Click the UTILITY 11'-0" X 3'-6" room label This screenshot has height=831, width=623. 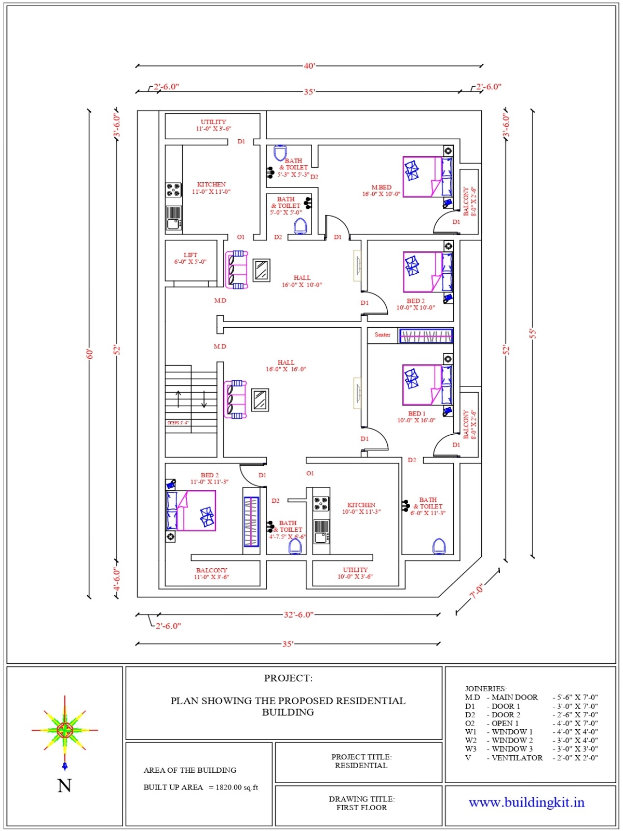(x=213, y=125)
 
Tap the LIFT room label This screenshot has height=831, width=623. (x=190, y=258)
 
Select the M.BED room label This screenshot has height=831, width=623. (x=381, y=191)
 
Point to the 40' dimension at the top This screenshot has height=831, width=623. (x=309, y=66)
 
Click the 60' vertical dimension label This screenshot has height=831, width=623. (x=90, y=354)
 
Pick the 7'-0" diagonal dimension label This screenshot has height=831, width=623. (x=478, y=591)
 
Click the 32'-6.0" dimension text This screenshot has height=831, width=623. (x=299, y=614)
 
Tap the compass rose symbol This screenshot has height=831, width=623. (x=64, y=730)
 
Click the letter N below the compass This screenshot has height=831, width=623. (x=64, y=785)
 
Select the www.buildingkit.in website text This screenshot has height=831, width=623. (x=526, y=802)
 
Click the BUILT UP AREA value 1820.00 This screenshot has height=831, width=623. (x=228, y=787)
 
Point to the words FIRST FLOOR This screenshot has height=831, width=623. (x=361, y=808)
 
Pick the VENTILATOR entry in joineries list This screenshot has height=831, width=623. (x=517, y=758)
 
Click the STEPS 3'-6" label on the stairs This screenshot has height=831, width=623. (x=178, y=423)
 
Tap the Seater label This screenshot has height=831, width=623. (x=383, y=335)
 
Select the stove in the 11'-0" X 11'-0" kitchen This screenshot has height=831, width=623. (x=173, y=190)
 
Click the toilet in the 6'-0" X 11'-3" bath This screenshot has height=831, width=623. (x=439, y=546)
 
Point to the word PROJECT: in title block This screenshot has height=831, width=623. (x=288, y=678)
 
